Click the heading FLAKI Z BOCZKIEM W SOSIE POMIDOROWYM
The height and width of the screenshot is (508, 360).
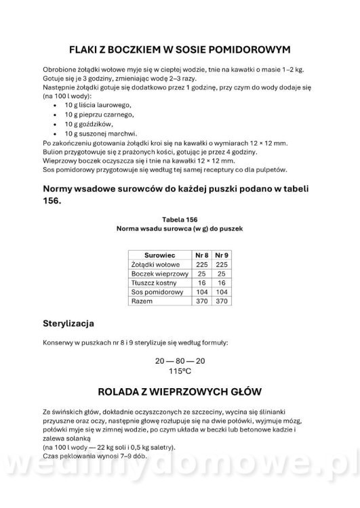(180, 49)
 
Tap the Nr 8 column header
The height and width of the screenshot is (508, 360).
(200, 255)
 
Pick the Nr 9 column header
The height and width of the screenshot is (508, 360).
(220, 255)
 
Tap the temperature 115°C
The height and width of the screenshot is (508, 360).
(180, 371)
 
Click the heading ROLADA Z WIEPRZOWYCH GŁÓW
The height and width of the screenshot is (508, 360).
(180, 393)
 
